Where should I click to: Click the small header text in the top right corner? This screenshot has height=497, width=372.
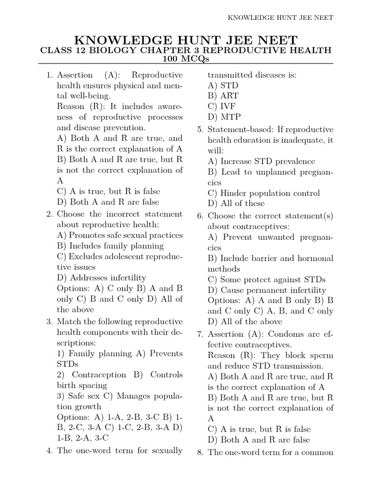281,17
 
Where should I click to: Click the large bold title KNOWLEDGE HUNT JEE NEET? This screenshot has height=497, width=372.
186,40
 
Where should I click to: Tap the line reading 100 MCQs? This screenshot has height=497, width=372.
186,59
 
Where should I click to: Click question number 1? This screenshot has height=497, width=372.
49,75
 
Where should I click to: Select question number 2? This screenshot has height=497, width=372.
49,214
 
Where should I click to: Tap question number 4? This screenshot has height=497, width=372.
49,450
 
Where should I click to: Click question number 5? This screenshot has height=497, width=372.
200,130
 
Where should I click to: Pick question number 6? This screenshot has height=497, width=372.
200,215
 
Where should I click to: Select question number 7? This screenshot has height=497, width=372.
200,334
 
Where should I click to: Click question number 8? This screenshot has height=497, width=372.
200,452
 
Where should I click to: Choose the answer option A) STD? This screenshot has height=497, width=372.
223,85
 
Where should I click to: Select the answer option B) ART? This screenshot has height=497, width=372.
223,96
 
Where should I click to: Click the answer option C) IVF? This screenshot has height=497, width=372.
222,107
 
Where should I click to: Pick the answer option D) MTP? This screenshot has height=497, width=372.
224,117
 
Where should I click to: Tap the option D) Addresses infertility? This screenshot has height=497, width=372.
101,278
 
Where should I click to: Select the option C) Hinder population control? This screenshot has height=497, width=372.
263,193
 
